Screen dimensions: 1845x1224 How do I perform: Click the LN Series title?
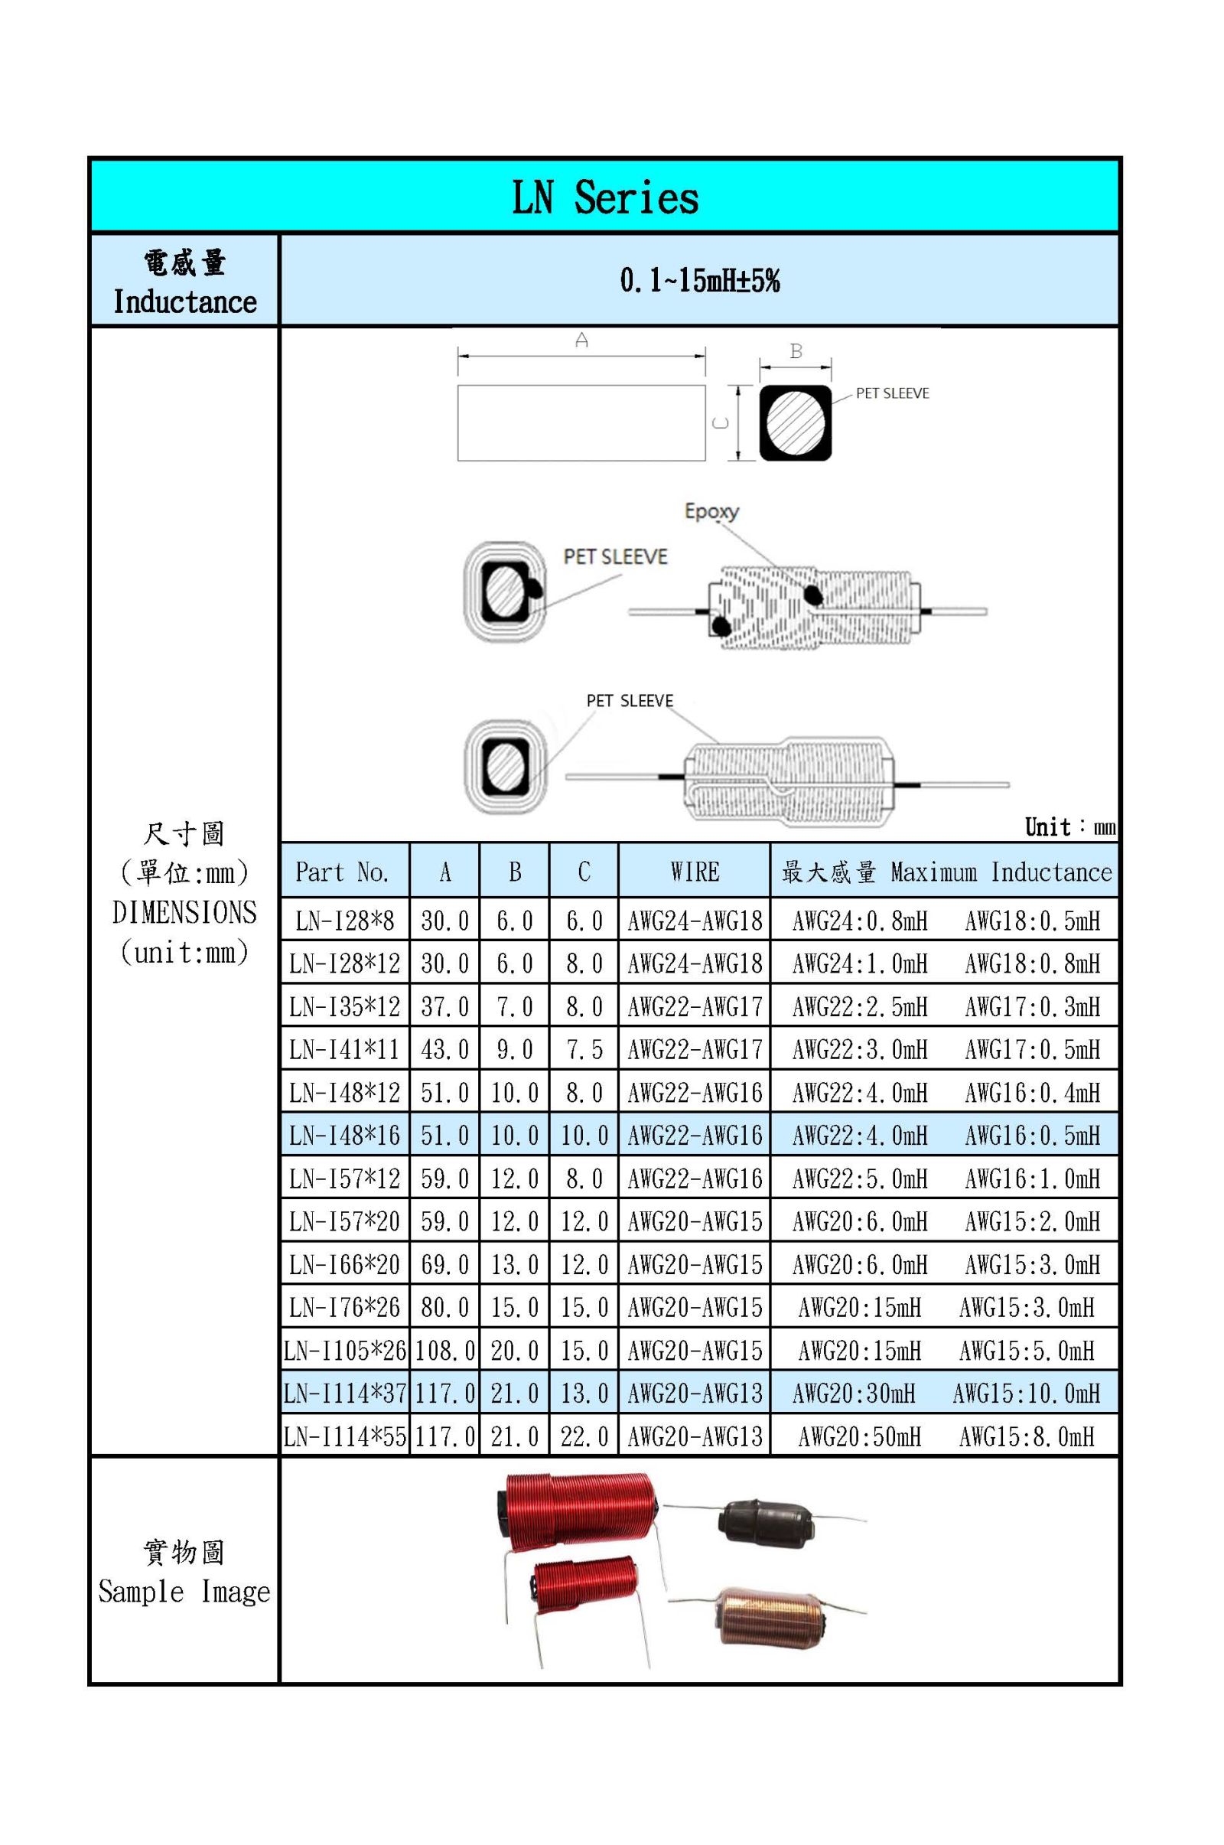coord(605,197)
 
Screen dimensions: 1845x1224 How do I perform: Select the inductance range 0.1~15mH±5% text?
coord(699,280)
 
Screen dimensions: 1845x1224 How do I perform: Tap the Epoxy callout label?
coord(711,511)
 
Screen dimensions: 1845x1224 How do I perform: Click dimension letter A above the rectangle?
coord(581,340)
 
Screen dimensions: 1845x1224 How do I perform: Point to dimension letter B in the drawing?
coord(796,351)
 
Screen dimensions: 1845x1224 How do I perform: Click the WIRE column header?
coord(694,872)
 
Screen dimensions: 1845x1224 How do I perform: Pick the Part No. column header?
coord(342,872)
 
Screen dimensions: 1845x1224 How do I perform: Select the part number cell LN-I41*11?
coord(344,1048)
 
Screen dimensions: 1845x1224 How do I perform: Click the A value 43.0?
coord(444,1048)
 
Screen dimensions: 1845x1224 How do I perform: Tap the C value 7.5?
coord(584,1048)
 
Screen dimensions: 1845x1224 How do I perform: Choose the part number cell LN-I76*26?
coord(344,1307)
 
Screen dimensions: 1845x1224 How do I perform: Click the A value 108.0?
coord(444,1350)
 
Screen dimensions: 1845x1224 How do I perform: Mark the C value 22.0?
coord(584,1436)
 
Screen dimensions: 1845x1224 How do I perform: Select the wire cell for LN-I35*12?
coord(694,1006)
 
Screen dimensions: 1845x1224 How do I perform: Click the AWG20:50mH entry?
coord(858,1436)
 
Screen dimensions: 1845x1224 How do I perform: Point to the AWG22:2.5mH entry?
coord(859,1006)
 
